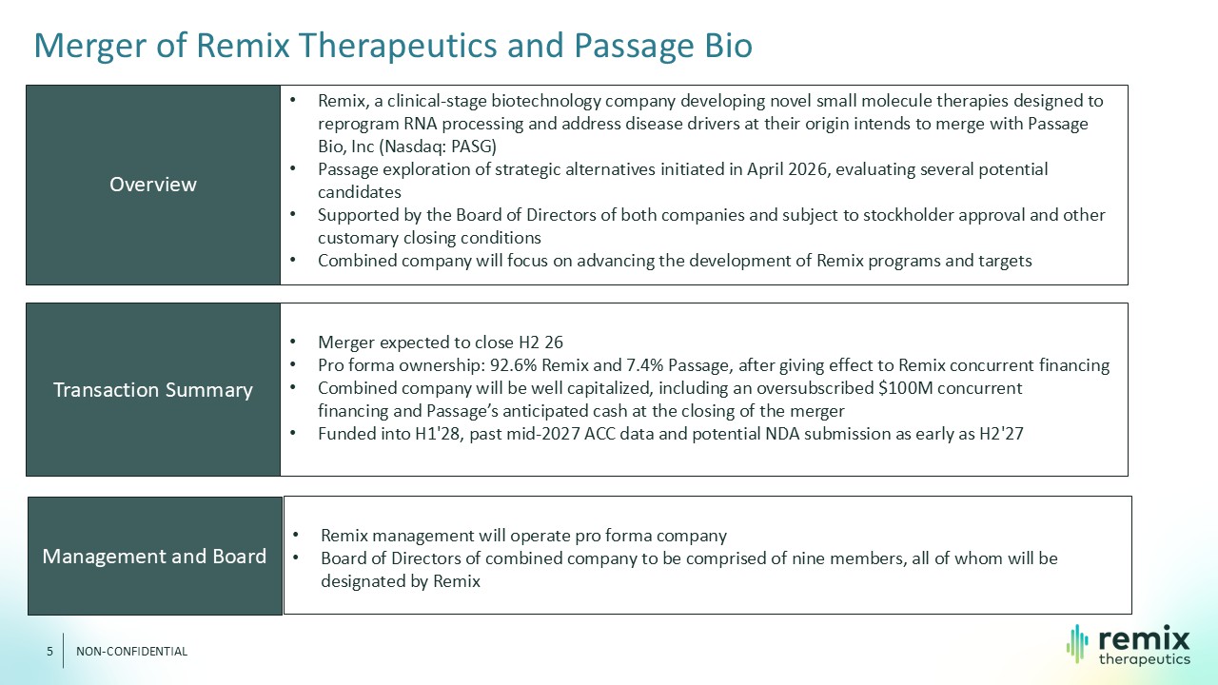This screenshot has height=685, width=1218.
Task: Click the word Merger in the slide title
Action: click(x=89, y=46)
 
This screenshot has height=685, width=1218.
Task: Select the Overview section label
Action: click(x=153, y=185)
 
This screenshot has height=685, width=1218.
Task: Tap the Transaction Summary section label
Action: click(x=153, y=390)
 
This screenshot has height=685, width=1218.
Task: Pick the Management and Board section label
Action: click(x=154, y=557)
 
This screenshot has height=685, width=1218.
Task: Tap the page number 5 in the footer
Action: click(x=49, y=652)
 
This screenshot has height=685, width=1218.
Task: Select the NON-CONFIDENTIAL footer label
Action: click(x=131, y=652)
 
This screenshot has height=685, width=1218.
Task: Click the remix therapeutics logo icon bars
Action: click(x=1077, y=644)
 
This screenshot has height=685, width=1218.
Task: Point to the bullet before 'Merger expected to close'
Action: click(x=292, y=342)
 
